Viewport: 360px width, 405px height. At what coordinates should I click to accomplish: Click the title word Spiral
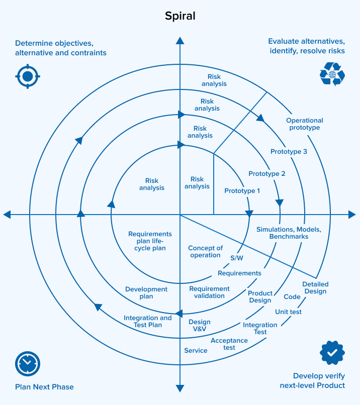(180, 16)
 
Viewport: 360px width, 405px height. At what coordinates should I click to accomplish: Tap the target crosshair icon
(28, 76)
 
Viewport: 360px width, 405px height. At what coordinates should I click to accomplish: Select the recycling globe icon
(332, 74)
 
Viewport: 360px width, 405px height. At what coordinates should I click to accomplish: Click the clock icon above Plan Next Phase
(28, 363)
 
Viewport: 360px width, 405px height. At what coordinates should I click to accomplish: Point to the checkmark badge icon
(332, 353)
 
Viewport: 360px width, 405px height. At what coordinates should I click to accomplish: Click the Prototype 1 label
(242, 191)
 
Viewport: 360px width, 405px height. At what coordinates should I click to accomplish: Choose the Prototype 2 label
(267, 174)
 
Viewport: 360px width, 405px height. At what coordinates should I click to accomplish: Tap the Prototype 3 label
(289, 152)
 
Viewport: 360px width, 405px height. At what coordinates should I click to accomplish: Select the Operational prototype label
(305, 124)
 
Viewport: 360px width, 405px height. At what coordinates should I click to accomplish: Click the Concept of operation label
(205, 252)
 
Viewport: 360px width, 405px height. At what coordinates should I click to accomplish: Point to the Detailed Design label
(315, 288)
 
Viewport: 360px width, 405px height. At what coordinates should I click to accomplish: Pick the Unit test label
(288, 312)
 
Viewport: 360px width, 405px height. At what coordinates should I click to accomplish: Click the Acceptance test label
(229, 344)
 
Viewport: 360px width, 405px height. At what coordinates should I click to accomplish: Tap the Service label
(196, 351)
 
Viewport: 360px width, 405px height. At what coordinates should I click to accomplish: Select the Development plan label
(146, 293)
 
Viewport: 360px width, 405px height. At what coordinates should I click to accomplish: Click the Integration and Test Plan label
(148, 322)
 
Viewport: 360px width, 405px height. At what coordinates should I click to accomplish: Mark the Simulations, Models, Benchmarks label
(289, 233)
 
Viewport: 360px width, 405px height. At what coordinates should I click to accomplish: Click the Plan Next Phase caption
(44, 387)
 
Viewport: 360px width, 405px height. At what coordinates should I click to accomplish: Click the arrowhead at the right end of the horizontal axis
(352, 215)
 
